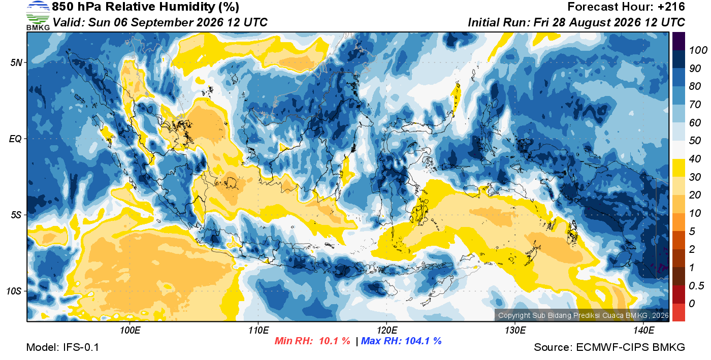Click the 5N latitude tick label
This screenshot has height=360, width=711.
[16, 63]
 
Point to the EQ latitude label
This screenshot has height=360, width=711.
[16, 139]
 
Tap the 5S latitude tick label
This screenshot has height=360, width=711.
[16, 215]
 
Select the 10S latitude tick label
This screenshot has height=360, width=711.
[14, 291]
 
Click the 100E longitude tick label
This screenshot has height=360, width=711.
[130, 331]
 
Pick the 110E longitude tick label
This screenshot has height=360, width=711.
[258, 331]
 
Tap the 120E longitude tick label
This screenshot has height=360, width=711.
[387, 331]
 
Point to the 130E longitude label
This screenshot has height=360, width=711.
[515, 331]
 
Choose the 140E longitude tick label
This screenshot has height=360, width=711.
[644, 331]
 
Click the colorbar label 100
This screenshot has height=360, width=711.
[698, 50]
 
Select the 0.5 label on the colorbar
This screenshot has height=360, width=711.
[696, 286]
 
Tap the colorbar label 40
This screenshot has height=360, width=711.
[695, 159]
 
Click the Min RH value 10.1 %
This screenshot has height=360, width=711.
[335, 341]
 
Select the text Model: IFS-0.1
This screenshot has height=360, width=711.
[62, 347]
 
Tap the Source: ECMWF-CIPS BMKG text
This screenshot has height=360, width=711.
[609, 347]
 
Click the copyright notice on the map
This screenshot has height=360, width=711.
[584, 315]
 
